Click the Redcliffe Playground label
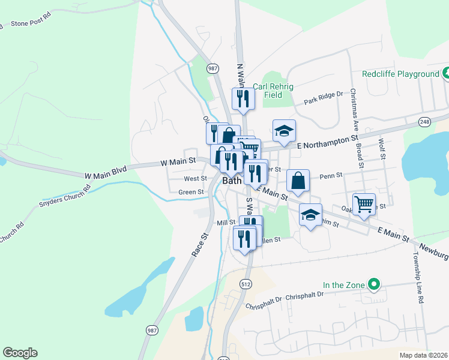pyautogui.click(x=401, y=74)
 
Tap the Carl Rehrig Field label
pyautogui.click(x=273, y=91)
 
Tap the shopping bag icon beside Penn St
pyautogui.click(x=298, y=180)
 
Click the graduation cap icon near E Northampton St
pyautogui.click(x=285, y=130)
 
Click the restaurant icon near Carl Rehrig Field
pyautogui.click(x=243, y=98)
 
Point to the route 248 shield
pyautogui.click(x=425, y=122)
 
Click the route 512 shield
pyautogui.click(x=244, y=268)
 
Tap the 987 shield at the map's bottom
pyautogui.click(x=151, y=330)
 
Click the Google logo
pyautogui.click(x=20, y=353)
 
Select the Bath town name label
pyautogui.click(x=232, y=180)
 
